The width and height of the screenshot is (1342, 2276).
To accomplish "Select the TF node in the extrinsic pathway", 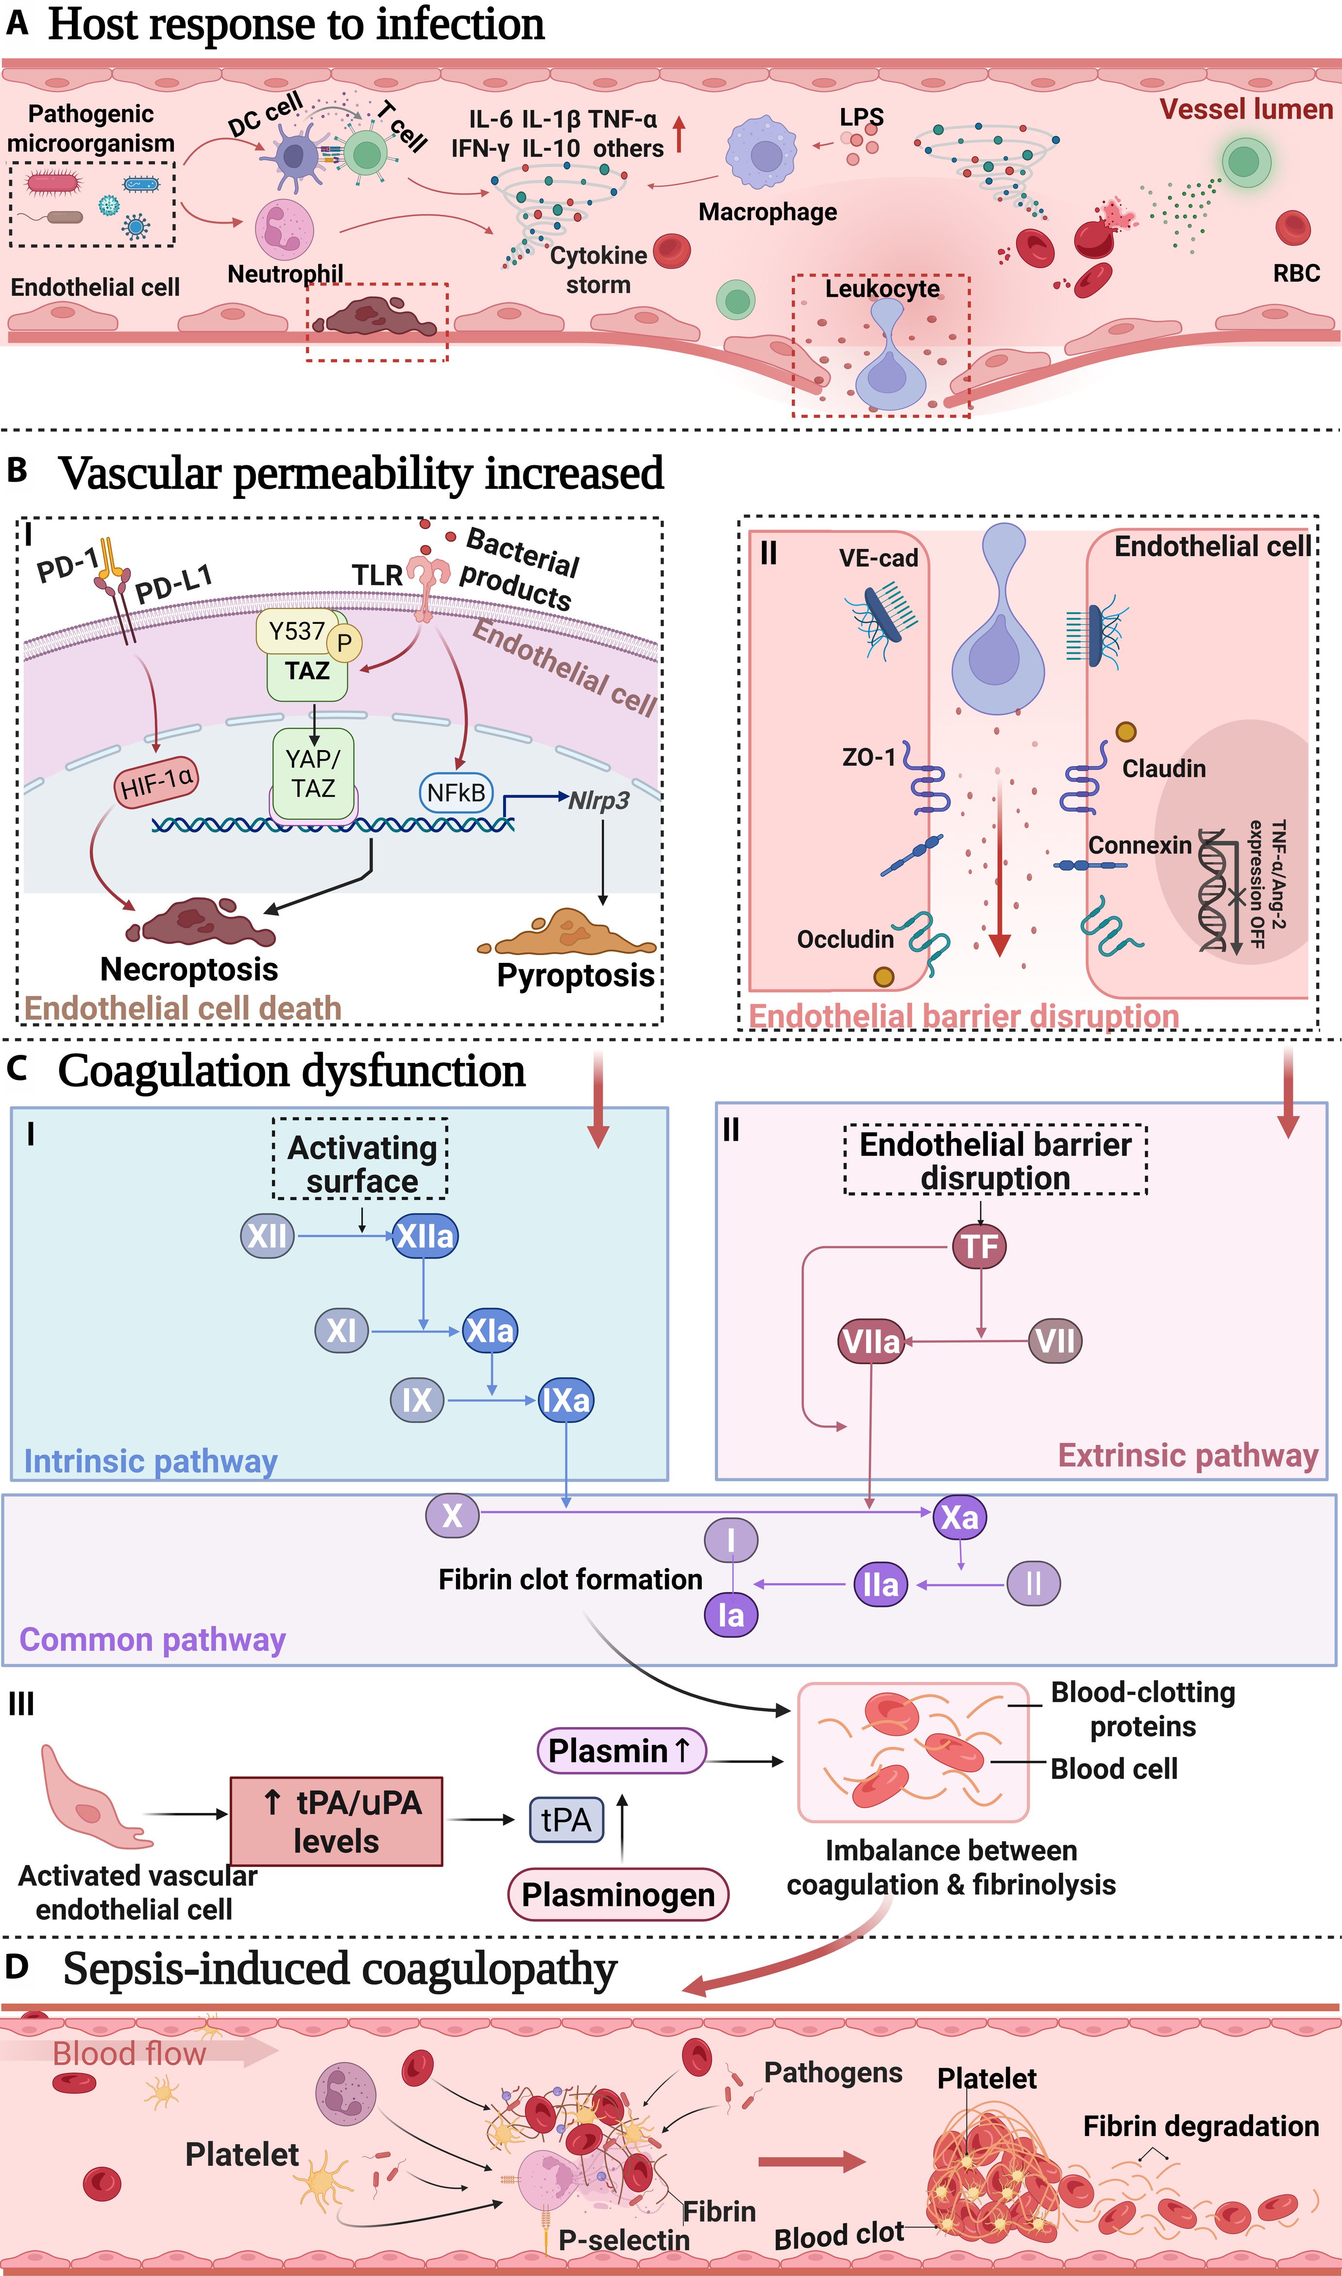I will point(979,1246).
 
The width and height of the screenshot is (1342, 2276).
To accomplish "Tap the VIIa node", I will point(871,1341).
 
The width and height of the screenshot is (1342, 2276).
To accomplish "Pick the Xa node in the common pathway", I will point(959,1516).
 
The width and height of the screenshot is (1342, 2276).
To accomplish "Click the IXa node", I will point(565,1400).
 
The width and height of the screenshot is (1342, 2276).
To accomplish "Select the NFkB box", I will point(456,793).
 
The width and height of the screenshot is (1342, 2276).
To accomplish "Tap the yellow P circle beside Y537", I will point(344,643).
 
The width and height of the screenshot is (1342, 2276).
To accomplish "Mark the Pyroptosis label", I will point(575,975).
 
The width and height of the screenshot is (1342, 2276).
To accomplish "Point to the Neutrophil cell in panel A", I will point(285,229).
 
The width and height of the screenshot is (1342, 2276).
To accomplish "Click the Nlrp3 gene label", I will point(599,800).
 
